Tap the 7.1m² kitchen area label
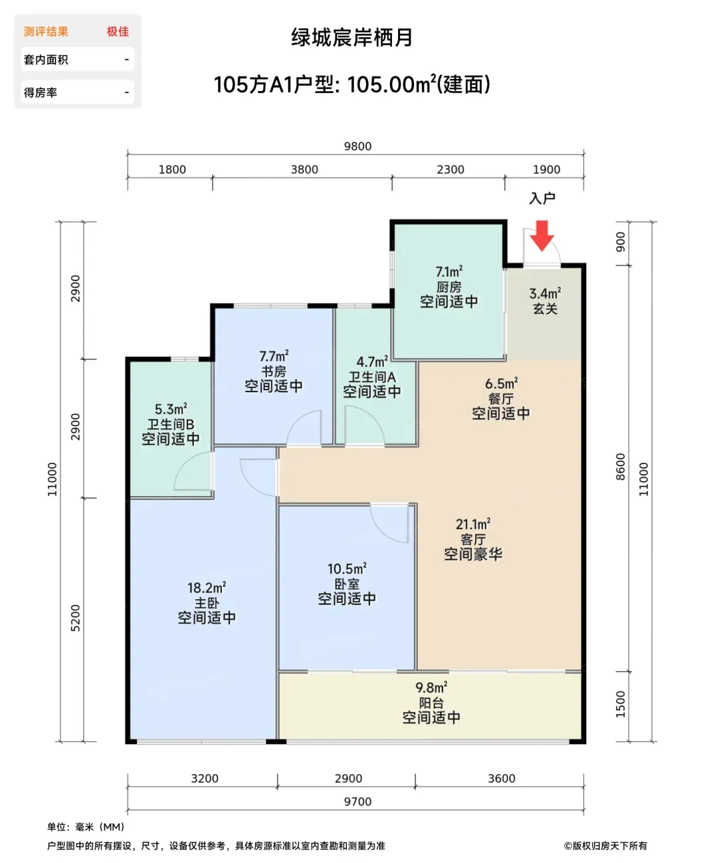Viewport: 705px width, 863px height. pos(449,271)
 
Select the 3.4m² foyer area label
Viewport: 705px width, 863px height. pos(545,293)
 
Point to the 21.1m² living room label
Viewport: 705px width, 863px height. pos(473,524)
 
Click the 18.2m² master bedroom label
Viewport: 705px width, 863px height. pos(206,588)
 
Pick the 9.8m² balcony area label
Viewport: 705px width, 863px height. pos(431,687)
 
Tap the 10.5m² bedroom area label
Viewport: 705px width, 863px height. pos(346,569)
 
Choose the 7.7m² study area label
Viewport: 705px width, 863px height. pos(274,356)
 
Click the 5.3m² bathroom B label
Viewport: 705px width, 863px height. pos(171,409)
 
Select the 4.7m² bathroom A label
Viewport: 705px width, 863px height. pos(372,362)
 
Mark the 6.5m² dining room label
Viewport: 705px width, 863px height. pos(501,384)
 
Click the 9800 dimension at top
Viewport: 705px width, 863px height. pos(357,146)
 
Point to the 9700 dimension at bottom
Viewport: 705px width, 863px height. pos(357,801)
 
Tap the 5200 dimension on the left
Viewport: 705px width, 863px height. pos(75,618)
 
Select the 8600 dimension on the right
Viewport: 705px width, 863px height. pos(621,467)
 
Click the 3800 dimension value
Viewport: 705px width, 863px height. pos(304,170)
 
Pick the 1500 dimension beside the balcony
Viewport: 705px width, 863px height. pos(621,704)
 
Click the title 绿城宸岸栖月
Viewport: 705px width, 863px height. pos(351,37)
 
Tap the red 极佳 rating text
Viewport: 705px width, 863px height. pos(118,31)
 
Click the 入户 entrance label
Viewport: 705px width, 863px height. pos(542,198)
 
